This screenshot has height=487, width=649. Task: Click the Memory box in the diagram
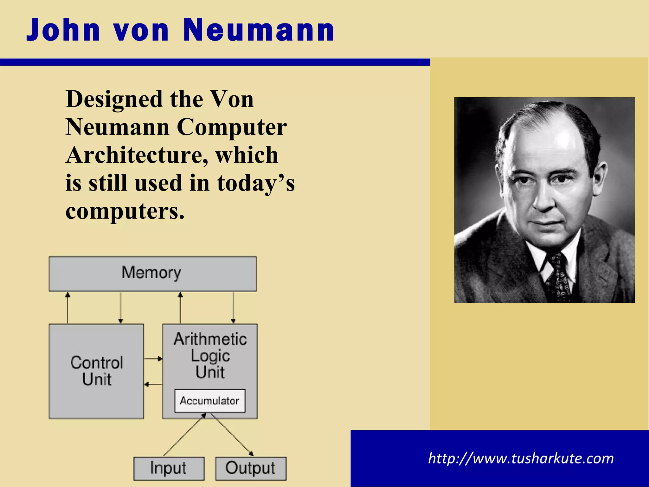(152, 274)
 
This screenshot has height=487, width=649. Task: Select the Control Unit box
(96, 371)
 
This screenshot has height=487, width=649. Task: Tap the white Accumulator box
(209, 401)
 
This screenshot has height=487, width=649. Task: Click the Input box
(169, 468)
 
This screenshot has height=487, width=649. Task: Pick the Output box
(250, 468)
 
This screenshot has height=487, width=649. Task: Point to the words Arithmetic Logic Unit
(210, 355)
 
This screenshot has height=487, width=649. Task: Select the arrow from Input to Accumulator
(185, 435)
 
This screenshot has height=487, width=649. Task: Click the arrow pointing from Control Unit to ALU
(153, 359)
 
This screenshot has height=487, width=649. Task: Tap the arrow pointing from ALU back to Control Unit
(153, 384)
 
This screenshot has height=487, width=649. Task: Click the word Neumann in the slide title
(258, 30)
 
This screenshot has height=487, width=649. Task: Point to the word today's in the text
(255, 183)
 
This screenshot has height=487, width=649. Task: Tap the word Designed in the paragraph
(114, 100)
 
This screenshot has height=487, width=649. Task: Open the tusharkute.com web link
(521, 458)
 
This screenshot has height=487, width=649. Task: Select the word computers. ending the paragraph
(125, 211)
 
